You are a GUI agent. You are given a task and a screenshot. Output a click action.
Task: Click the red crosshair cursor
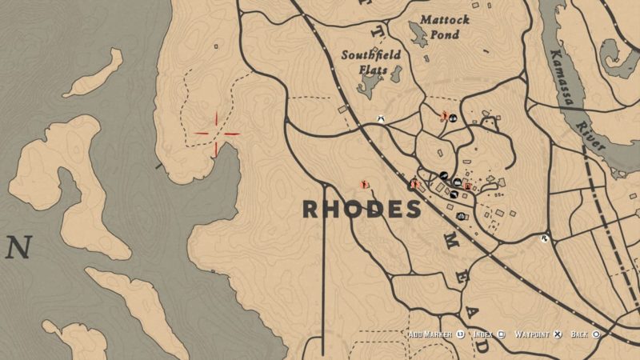pos(216,133)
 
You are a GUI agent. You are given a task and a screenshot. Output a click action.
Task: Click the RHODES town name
pos(362,210)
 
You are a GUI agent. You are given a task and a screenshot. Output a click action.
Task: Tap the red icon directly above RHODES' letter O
pos(365,183)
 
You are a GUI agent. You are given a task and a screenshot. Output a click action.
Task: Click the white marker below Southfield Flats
pos(383,119)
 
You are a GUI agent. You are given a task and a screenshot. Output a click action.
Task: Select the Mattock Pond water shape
pos(418,33)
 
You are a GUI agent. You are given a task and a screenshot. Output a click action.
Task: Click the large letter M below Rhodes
pos(450,244)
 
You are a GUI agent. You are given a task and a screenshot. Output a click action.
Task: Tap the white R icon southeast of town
pos(545,238)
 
